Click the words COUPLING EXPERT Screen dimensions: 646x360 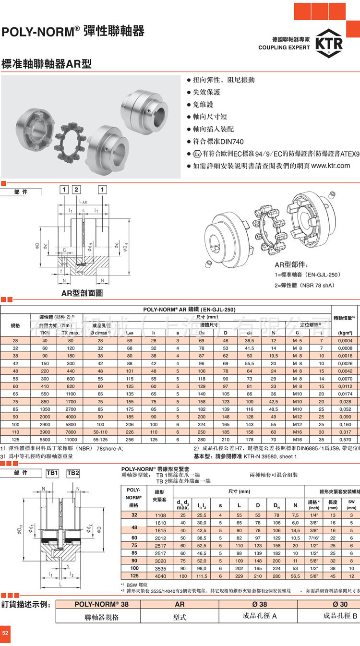click(x=284, y=48)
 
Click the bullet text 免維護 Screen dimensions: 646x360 click(x=203, y=104)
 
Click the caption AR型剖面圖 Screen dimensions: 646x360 click(x=82, y=293)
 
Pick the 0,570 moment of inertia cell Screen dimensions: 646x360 click(x=344, y=439)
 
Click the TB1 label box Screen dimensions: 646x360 click(x=52, y=473)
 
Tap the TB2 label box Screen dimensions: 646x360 click(x=73, y=473)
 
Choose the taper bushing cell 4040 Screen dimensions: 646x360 click(x=160, y=575)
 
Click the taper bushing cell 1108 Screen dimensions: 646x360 click(x=160, y=514)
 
